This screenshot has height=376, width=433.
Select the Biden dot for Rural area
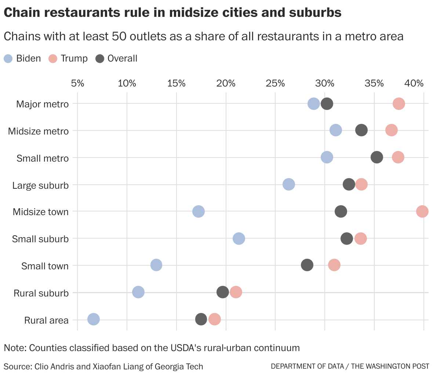click(94, 319)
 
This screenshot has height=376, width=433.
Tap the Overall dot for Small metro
click(377, 157)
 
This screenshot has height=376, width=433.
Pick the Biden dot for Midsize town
click(199, 211)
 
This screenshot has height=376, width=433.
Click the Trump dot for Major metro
click(399, 104)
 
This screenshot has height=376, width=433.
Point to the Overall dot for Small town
click(307, 265)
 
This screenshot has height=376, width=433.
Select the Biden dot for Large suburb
click(289, 184)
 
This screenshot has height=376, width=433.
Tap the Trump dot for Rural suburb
click(236, 292)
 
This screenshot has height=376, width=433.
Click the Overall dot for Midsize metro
click(361, 130)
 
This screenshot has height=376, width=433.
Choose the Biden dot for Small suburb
click(239, 239)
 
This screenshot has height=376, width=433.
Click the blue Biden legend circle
click(8, 59)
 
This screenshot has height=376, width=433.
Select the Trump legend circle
click(53, 59)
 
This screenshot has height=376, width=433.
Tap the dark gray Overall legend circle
click(100, 59)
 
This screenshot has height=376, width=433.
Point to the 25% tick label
click(275, 83)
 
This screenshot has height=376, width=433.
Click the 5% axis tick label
click(77, 83)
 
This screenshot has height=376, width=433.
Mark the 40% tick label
click(415, 83)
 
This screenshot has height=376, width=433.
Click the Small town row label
click(45, 266)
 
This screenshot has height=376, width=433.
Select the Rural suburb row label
click(41, 293)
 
